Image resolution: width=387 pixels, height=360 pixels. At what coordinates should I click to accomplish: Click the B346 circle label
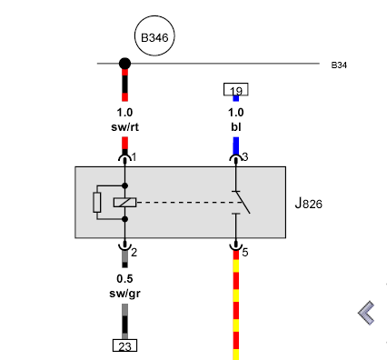tap(154, 36)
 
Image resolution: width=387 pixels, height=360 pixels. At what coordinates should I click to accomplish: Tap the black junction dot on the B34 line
tap(124, 64)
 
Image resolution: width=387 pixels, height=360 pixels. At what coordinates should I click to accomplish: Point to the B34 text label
tap(339, 65)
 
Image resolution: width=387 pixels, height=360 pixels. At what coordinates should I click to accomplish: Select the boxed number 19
tap(236, 89)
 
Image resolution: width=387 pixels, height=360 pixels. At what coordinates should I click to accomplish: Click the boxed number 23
tap(124, 345)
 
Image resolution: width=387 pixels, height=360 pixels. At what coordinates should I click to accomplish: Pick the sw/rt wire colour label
tap(124, 127)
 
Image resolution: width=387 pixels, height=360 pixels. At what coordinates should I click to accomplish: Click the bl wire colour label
tap(236, 127)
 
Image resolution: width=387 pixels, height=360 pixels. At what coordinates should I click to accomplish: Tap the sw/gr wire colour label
tap(124, 294)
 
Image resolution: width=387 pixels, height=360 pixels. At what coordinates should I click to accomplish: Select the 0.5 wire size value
tap(124, 278)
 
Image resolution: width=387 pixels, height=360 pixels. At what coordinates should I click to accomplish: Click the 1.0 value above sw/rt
tap(124, 113)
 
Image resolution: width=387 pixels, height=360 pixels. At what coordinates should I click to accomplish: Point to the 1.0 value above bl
tap(236, 113)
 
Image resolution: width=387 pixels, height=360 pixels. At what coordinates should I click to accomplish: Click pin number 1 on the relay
tap(134, 157)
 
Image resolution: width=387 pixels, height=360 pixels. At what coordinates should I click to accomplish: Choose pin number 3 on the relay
tap(245, 157)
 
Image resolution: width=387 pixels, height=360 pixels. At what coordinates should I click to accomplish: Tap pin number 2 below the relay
tap(134, 252)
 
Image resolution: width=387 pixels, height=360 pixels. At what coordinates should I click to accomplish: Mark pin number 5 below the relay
tap(245, 252)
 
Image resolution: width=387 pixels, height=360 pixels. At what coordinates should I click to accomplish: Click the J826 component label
tap(309, 204)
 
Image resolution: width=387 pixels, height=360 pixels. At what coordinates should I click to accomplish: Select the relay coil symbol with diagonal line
tap(124, 203)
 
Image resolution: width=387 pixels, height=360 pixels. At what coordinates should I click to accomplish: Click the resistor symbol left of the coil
tap(97, 202)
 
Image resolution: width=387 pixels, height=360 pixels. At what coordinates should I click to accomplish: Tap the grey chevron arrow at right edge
tap(366, 313)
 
